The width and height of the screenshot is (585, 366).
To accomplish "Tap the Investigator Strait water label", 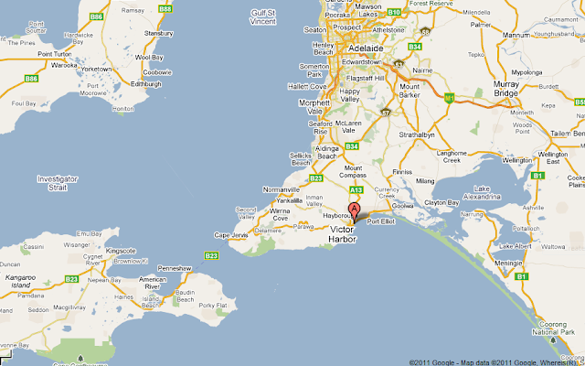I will tap(57, 182).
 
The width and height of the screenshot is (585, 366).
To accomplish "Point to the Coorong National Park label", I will tap(560, 338).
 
